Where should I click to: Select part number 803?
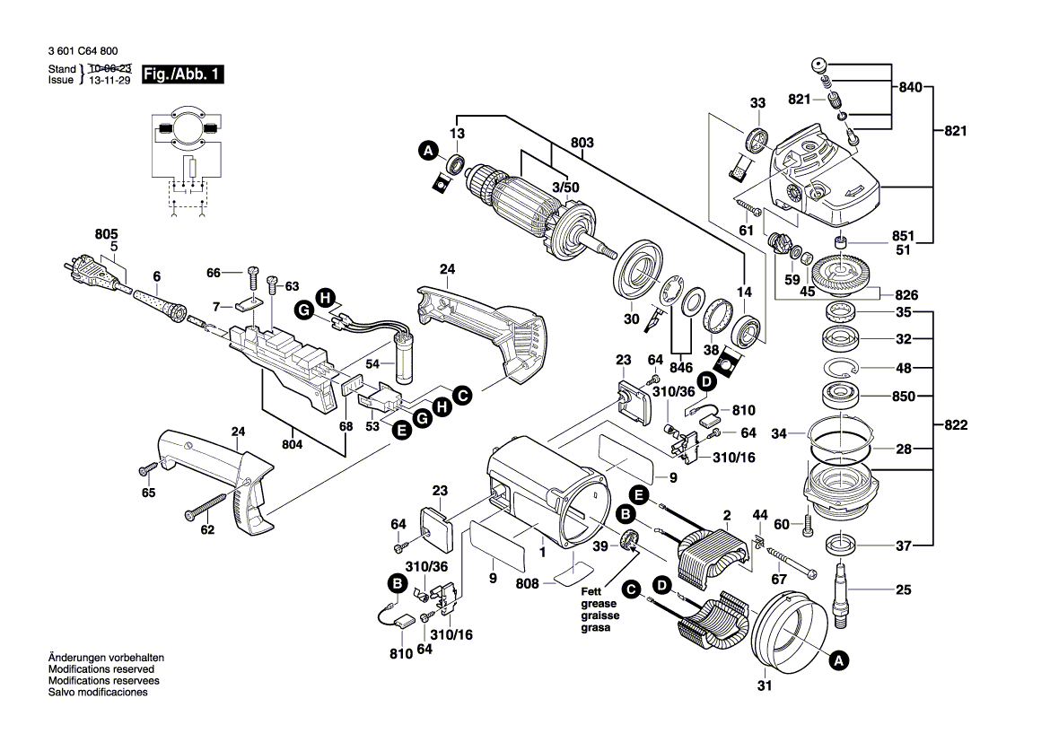[x=582, y=142]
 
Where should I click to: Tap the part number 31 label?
[x=764, y=687]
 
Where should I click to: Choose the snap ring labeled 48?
[x=843, y=367]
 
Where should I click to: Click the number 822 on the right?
[x=957, y=426]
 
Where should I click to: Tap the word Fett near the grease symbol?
[x=590, y=592]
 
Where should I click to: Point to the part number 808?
[x=528, y=583]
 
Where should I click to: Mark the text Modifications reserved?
[x=101, y=669]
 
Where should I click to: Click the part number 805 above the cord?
[x=106, y=234]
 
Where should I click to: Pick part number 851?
[x=903, y=237]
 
